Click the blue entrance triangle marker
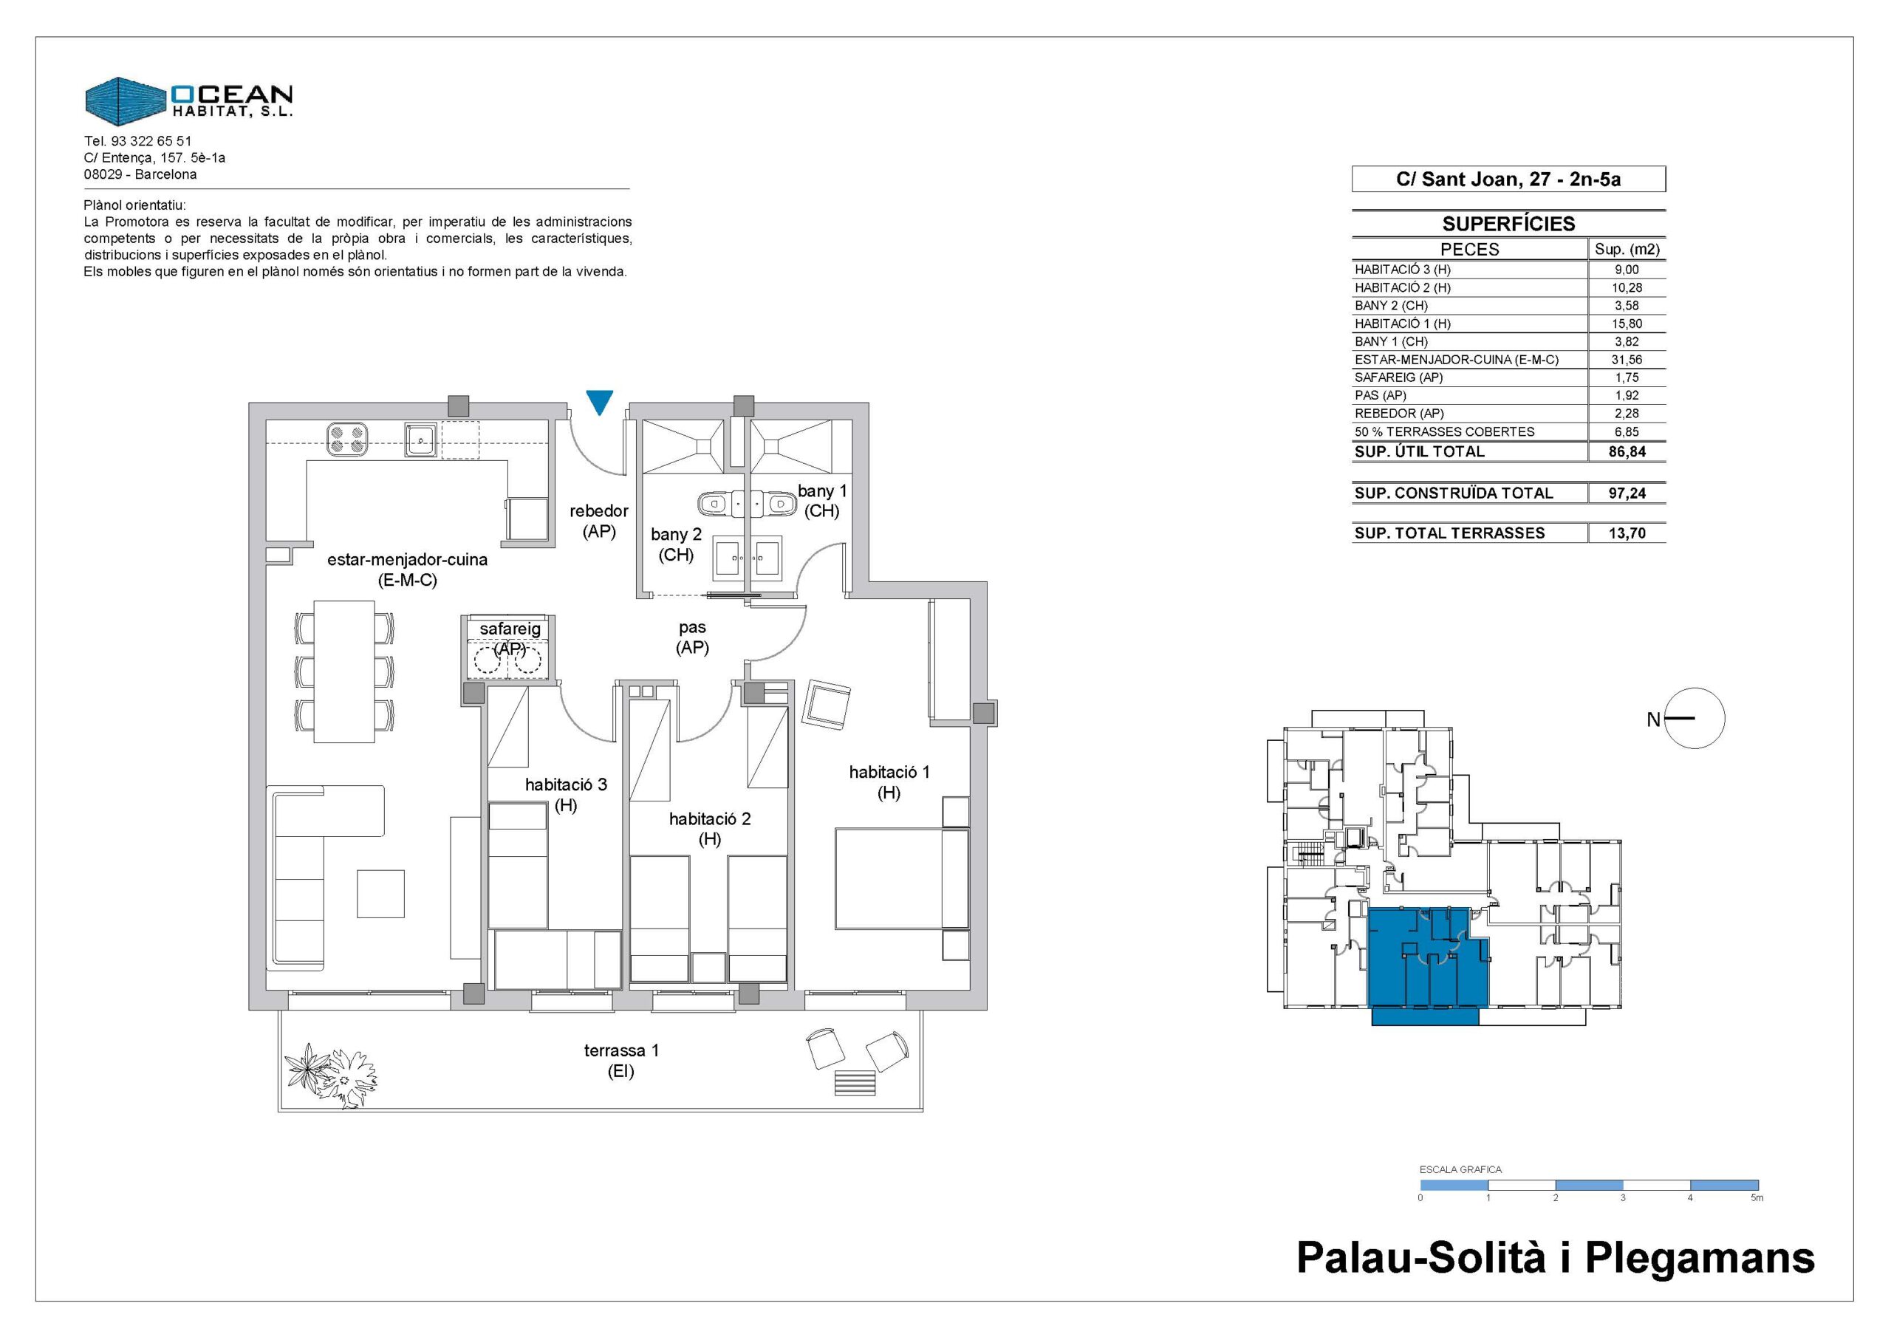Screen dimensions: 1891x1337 600,402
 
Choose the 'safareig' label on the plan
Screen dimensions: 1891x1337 510,629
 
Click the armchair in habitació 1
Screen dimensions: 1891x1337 828,703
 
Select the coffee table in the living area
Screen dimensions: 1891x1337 380,894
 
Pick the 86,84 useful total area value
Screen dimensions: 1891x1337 1627,451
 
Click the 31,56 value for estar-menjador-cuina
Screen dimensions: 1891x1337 1627,359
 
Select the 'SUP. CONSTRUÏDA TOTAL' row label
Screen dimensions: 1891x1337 1454,493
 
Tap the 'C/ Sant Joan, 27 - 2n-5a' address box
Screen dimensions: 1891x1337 1509,179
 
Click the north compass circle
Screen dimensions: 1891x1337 1695,718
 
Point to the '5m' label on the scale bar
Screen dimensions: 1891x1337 1757,1198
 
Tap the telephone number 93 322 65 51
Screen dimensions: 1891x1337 151,141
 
